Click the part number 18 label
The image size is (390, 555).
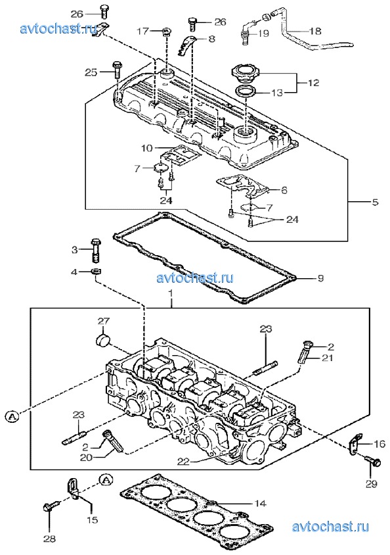[315, 31]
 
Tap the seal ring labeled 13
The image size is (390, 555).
[245, 91]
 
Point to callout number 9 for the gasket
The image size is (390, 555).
[320, 278]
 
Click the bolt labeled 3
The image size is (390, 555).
[96, 250]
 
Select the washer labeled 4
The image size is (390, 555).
[96, 272]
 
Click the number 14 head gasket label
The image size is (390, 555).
[261, 503]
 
